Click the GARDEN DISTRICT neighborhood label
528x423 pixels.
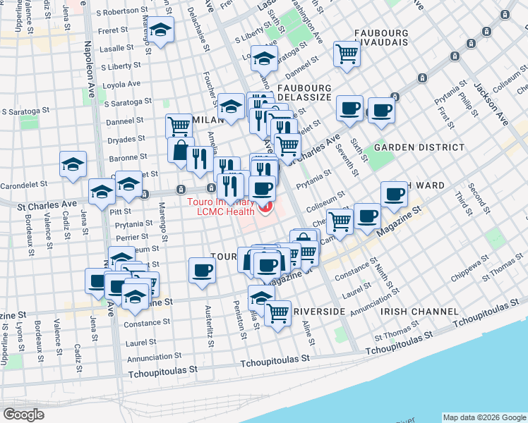(x=419, y=147)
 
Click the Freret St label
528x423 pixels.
(x=114, y=30)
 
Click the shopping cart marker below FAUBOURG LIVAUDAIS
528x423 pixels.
(x=347, y=54)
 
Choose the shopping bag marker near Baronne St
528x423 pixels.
(x=181, y=149)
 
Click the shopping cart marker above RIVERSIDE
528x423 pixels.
(x=277, y=312)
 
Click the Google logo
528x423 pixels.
(x=24, y=414)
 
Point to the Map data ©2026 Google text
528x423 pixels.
(x=484, y=417)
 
